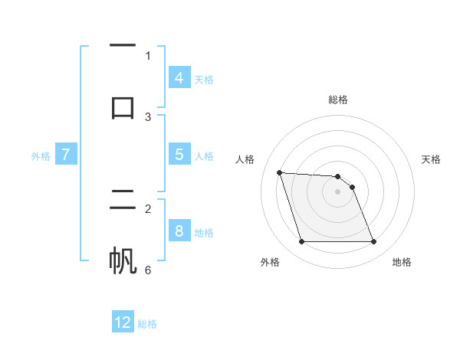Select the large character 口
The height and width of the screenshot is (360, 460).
click(123, 107)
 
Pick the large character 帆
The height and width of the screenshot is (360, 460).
click(123, 260)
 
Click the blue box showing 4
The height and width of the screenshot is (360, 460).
click(179, 78)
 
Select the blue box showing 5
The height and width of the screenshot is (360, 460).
click(179, 155)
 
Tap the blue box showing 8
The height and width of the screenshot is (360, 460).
click(179, 231)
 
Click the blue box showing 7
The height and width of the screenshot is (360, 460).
click(66, 155)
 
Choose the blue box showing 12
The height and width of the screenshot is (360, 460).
click(123, 322)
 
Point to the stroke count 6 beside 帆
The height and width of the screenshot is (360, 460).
click(148, 270)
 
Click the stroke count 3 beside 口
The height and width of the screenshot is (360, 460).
click(148, 116)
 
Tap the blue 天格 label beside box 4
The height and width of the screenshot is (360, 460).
click(204, 79)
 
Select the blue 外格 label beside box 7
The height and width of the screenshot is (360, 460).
click(41, 155)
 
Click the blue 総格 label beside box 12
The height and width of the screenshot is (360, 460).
click(147, 323)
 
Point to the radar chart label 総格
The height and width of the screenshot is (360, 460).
click(338, 100)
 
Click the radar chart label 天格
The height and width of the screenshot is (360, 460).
click(431, 159)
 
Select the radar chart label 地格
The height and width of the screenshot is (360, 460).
click(402, 262)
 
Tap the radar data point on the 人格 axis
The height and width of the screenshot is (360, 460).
click(279, 172)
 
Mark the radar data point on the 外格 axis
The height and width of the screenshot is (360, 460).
click(301, 242)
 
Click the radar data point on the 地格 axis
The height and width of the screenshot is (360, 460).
click(373, 242)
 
